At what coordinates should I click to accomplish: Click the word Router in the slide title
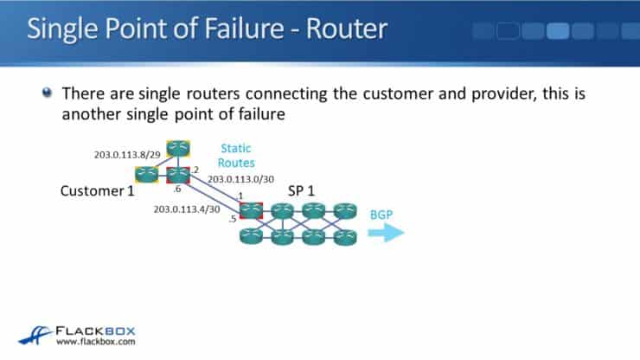pyautogui.click(x=348, y=29)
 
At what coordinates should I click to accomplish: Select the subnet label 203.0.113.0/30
pyautogui.click(x=241, y=180)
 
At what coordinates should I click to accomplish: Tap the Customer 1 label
pyautogui.click(x=97, y=190)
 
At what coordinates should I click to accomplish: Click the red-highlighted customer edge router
pyautogui.click(x=178, y=174)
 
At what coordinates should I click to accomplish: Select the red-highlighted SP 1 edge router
pyautogui.click(x=252, y=209)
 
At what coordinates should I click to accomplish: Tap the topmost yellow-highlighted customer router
pyautogui.click(x=178, y=148)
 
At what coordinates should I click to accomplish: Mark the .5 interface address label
pyautogui.click(x=233, y=220)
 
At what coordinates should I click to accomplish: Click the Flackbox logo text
pyautogui.click(x=94, y=331)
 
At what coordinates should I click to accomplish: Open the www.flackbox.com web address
pyautogui.click(x=93, y=344)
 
